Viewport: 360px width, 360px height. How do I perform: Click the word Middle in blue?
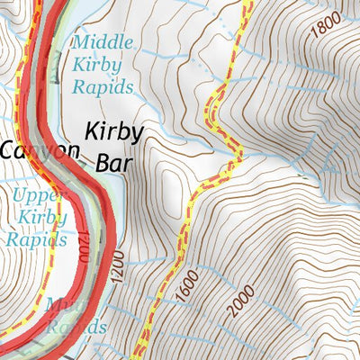(103, 41)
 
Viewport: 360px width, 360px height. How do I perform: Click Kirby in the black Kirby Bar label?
(112, 133)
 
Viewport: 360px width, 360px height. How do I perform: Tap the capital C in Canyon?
(7, 150)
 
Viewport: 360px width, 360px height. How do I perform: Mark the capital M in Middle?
(78, 41)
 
